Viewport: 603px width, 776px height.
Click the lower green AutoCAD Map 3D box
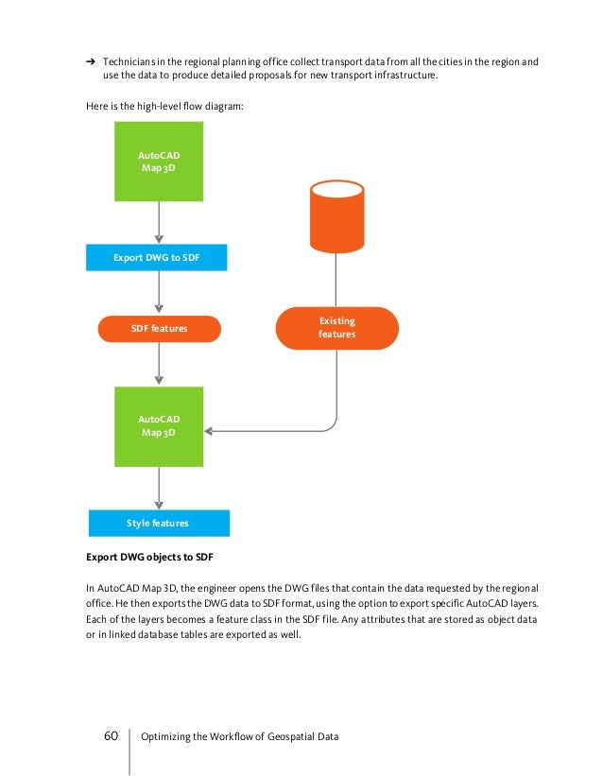point(159,425)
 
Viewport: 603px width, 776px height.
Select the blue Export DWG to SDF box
point(157,257)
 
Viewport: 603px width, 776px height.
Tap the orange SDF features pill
point(159,329)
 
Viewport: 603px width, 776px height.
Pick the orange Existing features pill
point(336,328)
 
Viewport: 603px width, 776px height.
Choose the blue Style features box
point(159,523)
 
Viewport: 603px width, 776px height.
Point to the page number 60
point(111,735)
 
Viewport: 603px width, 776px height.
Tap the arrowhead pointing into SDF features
point(159,311)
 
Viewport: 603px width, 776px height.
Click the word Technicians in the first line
point(131,61)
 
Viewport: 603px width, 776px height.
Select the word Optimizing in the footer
point(164,736)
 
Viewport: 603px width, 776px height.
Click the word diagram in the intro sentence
point(224,107)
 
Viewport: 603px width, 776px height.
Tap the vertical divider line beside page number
point(129,746)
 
